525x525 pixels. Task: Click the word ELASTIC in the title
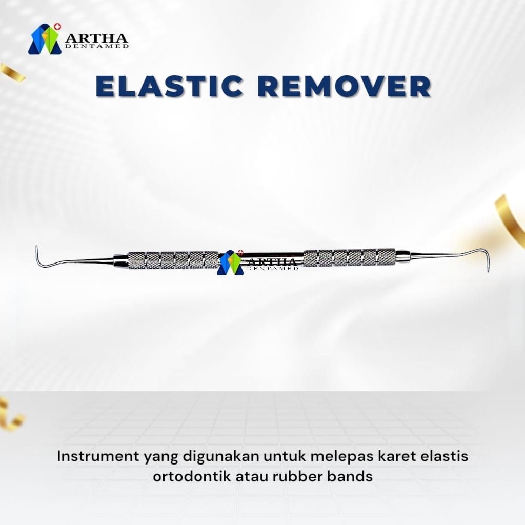[169, 87]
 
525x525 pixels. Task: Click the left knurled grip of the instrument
[173, 260]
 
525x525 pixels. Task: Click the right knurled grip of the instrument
[349, 257]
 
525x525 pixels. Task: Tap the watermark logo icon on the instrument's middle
[230, 263]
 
